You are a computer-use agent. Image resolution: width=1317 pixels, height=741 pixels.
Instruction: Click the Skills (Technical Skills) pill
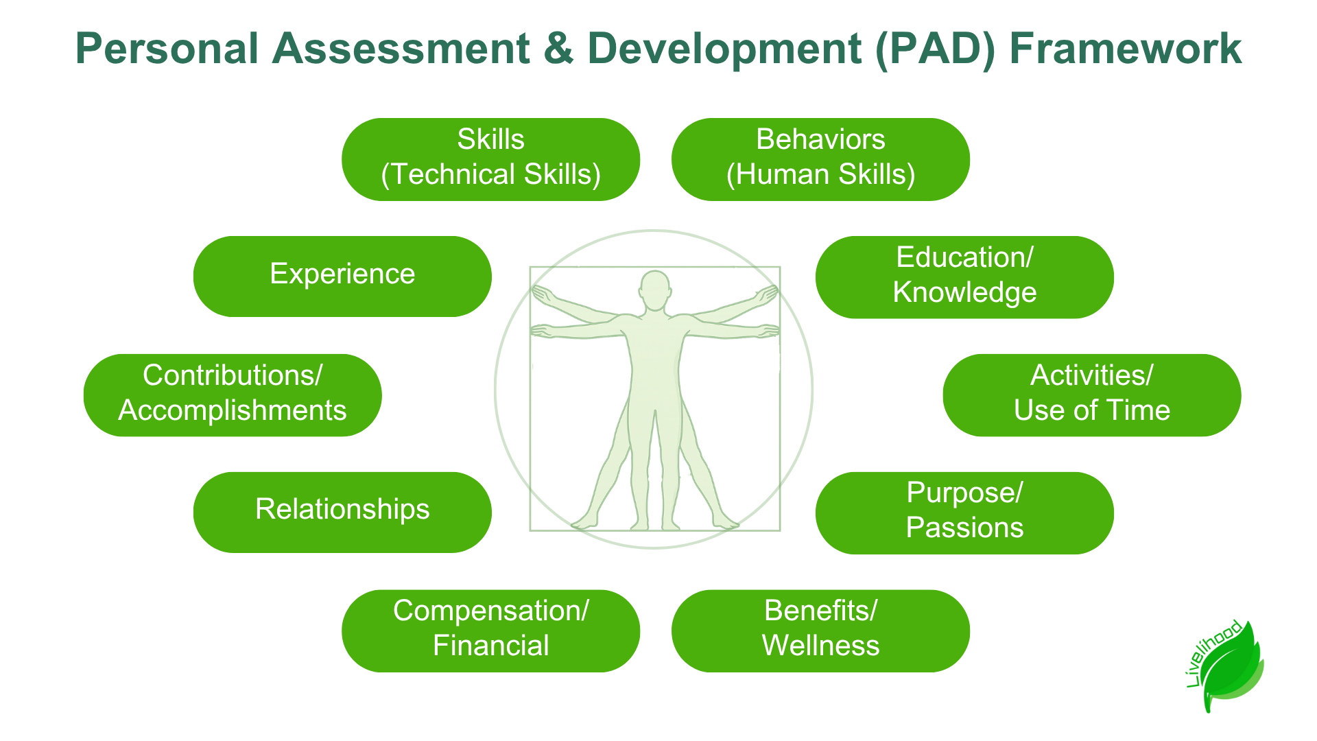coord(491,159)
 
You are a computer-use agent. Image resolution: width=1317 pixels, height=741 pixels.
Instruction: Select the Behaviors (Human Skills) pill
coord(820,159)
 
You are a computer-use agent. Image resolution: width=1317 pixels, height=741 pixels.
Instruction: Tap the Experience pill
coord(342,277)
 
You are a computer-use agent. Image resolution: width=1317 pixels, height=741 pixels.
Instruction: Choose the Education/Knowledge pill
coord(964,277)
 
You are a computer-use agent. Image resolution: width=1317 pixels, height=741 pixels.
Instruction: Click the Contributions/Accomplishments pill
coord(233,395)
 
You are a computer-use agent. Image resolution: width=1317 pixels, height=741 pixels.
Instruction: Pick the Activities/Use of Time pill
coord(1092,395)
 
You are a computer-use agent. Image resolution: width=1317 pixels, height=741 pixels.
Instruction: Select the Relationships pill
coord(342,513)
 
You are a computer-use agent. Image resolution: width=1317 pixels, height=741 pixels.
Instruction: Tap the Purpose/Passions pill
coord(964,513)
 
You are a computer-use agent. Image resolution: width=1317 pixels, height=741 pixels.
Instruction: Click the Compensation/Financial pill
coord(491,631)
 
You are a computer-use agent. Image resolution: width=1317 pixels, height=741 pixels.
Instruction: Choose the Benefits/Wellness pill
coord(820,631)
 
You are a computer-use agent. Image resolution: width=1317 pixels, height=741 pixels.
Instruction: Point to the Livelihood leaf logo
coord(1225,666)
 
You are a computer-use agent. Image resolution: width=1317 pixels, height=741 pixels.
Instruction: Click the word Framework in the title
coord(1126,49)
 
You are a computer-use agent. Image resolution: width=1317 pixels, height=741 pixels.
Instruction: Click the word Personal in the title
coord(167,49)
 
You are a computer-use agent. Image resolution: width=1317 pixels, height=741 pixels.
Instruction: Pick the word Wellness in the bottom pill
coord(820,646)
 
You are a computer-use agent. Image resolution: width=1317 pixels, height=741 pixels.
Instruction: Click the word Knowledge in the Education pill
coord(964,293)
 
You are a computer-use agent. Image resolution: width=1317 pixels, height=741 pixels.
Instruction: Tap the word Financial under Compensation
coord(491,646)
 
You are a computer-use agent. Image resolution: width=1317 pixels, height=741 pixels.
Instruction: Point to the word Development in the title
coord(724,50)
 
